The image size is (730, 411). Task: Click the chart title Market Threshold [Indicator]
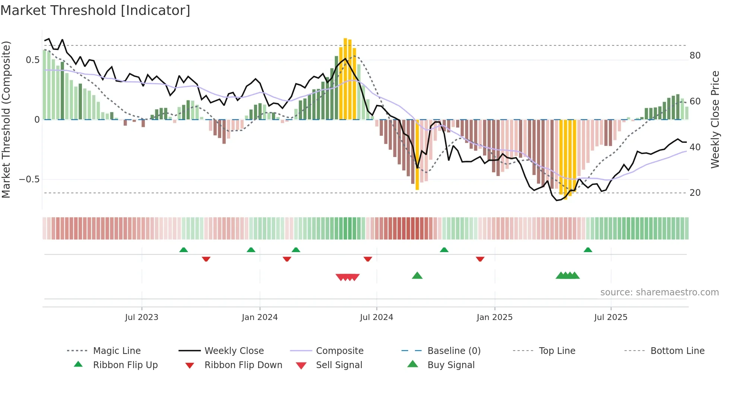(x=95, y=10)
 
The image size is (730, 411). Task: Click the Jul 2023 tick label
(x=142, y=317)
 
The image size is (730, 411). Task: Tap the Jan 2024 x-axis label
(x=260, y=317)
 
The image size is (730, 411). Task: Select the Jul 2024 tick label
(x=377, y=317)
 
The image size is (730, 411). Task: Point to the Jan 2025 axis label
(x=495, y=317)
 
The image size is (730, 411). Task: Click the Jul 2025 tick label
(x=611, y=317)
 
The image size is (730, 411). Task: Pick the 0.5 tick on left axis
(x=33, y=60)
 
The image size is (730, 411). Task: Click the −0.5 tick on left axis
(x=29, y=179)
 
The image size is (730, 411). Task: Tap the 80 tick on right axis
(x=695, y=56)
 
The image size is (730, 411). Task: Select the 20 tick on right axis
(x=695, y=193)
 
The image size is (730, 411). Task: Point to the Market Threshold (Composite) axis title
(x=6, y=119)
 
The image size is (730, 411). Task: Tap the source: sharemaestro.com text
(x=659, y=292)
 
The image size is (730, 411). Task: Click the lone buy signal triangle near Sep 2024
(x=417, y=276)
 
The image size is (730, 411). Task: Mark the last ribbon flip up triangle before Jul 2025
(x=588, y=250)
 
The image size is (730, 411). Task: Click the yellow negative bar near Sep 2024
(x=417, y=155)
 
